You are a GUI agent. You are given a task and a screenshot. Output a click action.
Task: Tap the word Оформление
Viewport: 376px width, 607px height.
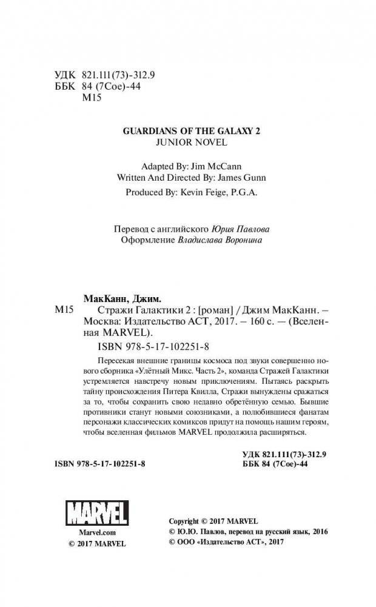[x=139, y=241]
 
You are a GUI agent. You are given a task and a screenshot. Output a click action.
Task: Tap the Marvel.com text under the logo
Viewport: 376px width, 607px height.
[x=93, y=531]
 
